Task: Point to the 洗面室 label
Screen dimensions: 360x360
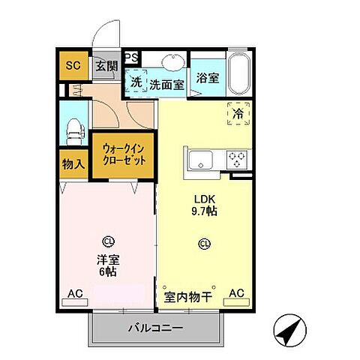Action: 166,84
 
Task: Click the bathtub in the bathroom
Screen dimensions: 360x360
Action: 241,72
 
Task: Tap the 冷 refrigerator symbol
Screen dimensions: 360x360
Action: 237,114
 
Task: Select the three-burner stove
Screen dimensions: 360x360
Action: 238,159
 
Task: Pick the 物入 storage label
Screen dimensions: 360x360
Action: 72,162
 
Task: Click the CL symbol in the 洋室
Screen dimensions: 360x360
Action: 109,241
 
